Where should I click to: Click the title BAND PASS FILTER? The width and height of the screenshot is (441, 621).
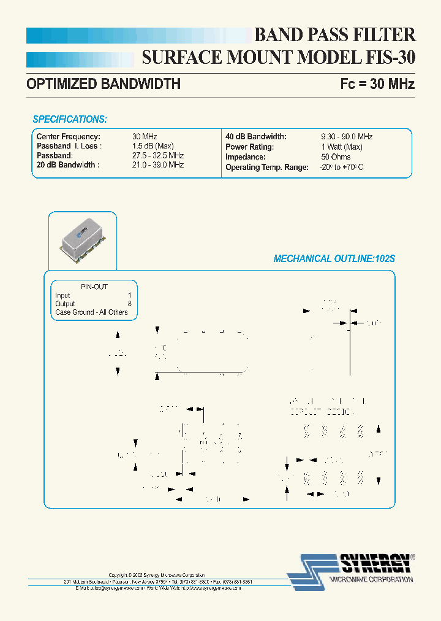(334, 34)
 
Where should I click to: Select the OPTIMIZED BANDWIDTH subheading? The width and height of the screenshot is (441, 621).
(104, 84)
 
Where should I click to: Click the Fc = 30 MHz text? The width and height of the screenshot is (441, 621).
(377, 84)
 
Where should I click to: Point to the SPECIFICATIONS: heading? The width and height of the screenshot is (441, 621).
(70, 119)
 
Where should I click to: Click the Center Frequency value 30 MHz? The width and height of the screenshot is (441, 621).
(145, 137)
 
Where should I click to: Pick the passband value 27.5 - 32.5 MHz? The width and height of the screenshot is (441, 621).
(158, 156)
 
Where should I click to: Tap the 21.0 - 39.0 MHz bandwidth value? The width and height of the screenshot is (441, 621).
(158, 165)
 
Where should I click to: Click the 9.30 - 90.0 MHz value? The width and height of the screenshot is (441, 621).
(347, 137)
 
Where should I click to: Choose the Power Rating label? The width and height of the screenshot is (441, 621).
(249, 147)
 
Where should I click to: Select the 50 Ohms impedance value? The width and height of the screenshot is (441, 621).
(336, 156)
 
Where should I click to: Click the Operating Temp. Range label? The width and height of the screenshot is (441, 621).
(266, 167)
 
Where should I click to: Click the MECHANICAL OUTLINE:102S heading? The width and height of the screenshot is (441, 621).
(334, 259)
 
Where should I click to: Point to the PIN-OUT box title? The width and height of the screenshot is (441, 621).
(94, 287)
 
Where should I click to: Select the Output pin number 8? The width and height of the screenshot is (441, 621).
(129, 304)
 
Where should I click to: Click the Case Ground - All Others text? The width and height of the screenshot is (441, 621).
(91, 312)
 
